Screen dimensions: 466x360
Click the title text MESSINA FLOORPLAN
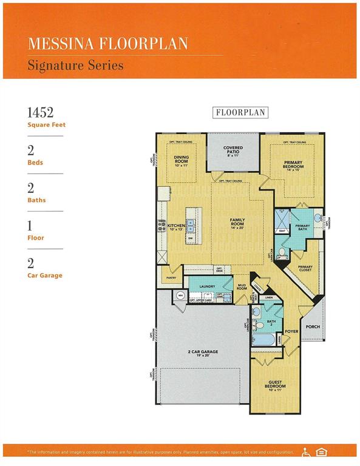(107, 44)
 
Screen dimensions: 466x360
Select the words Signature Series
(75, 64)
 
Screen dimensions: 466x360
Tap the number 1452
(41, 112)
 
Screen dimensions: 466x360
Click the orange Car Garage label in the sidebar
(44, 275)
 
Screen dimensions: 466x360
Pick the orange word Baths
(36, 200)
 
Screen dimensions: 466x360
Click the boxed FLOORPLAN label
(240, 112)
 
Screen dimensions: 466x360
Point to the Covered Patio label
(233, 150)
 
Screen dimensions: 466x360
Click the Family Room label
(237, 223)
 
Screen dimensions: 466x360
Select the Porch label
(313, 326)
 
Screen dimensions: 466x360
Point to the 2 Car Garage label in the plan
(202, 353)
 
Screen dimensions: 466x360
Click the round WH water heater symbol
(180, 295)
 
